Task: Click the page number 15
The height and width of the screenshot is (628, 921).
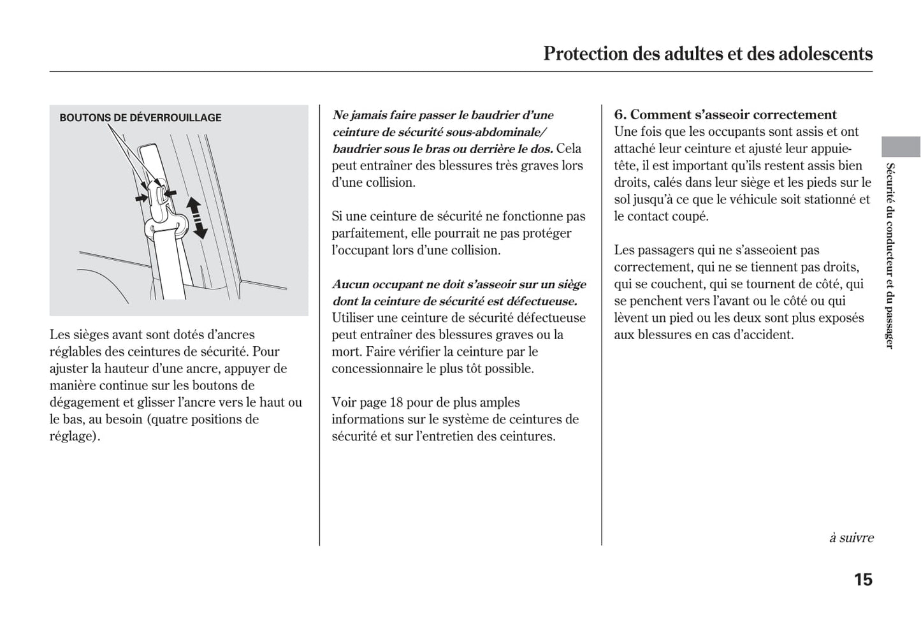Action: click(863, 580)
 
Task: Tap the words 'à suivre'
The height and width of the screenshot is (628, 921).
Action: click(851, 537)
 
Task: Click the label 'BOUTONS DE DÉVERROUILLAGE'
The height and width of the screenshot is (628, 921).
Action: click(140, 118)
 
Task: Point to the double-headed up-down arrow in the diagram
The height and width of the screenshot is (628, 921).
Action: click(197, 218)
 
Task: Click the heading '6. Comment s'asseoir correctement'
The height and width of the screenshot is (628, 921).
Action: click(725, 115)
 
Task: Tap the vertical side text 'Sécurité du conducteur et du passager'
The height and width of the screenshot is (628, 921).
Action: click(890, 256)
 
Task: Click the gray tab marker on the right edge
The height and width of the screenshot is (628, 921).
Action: click(901, 147)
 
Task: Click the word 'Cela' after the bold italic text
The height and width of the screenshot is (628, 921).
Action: click(569, 149)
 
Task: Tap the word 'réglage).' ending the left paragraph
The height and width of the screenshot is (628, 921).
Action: click(75, 437)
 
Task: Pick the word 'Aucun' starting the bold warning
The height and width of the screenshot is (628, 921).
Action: click(351, 284)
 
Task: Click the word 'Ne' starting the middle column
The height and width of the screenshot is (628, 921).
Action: click(340, 115)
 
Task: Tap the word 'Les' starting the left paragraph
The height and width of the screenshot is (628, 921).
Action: click(60, 335)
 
